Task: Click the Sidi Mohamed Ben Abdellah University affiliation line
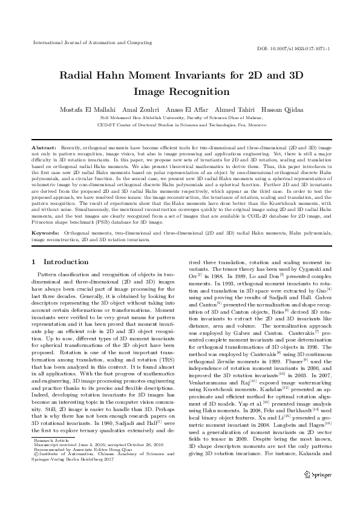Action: (x=180, y=117)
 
